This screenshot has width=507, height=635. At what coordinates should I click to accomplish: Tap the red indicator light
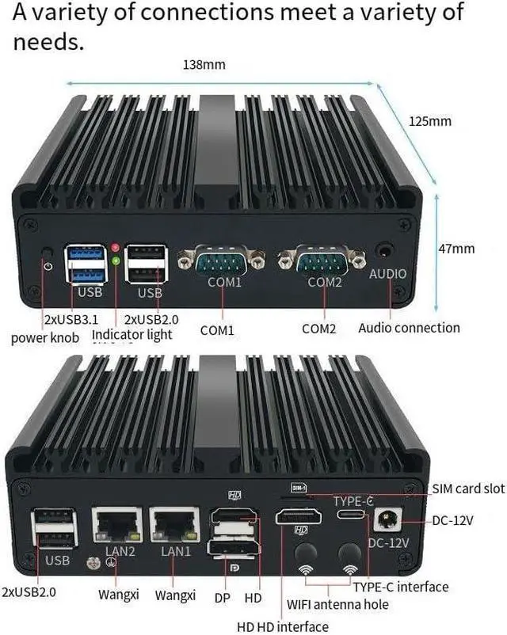[x=116, y=249]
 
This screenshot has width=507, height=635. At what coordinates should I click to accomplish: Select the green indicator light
[x=116, y=261]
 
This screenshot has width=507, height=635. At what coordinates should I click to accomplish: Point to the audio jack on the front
[x=387, y=250]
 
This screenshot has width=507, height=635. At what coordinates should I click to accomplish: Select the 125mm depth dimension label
[x=429, y=121]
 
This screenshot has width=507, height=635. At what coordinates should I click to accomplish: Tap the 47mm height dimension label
[x=456, y=249]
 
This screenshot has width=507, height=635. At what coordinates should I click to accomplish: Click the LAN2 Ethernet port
[x=116, y=524]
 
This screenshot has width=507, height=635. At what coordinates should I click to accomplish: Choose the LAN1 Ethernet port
[x=173, y=524]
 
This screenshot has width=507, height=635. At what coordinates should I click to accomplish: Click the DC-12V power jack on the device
[x=389, y=519]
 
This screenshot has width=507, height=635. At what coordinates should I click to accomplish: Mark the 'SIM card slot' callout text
[x=468, y=489]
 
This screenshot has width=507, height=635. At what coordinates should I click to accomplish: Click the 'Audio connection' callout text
[x=409, y=328]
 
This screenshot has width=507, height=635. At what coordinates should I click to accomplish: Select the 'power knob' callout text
[x=45, y=338]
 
